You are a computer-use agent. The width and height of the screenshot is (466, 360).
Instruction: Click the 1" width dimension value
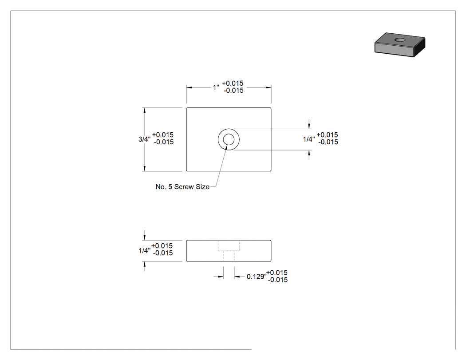pos(216,87)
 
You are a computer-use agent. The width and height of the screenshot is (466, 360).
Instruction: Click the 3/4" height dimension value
pos(144,139)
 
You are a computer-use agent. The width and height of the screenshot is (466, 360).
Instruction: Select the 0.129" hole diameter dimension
pos(257,277)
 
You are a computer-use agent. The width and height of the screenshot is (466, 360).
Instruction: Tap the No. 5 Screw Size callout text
pos(182,187)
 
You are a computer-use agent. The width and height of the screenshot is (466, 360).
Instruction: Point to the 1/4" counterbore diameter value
pos(309,139)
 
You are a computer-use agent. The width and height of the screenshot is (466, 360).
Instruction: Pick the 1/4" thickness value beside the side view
pos(144,251)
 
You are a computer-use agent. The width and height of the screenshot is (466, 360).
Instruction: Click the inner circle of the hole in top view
pos(229,139)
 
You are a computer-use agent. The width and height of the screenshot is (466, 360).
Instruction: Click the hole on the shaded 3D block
pos(400,40)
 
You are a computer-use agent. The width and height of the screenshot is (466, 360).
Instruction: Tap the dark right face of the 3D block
pos(420,47)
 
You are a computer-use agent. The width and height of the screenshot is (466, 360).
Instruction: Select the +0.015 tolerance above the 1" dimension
pos(233,83)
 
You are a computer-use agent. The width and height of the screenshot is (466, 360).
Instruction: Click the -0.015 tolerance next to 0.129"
pos(278,280)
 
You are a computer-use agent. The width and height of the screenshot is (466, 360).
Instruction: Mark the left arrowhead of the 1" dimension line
pos(189,87)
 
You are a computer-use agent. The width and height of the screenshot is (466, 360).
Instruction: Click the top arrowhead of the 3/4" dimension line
pos(144,110)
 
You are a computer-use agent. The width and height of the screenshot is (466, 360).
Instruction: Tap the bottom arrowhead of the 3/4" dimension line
pos(144,168)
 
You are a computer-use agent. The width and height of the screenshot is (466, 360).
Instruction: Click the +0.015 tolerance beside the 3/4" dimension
pos(163,135)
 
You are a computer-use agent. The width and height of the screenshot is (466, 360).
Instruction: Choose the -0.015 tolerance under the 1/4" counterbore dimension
pos(328,142)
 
